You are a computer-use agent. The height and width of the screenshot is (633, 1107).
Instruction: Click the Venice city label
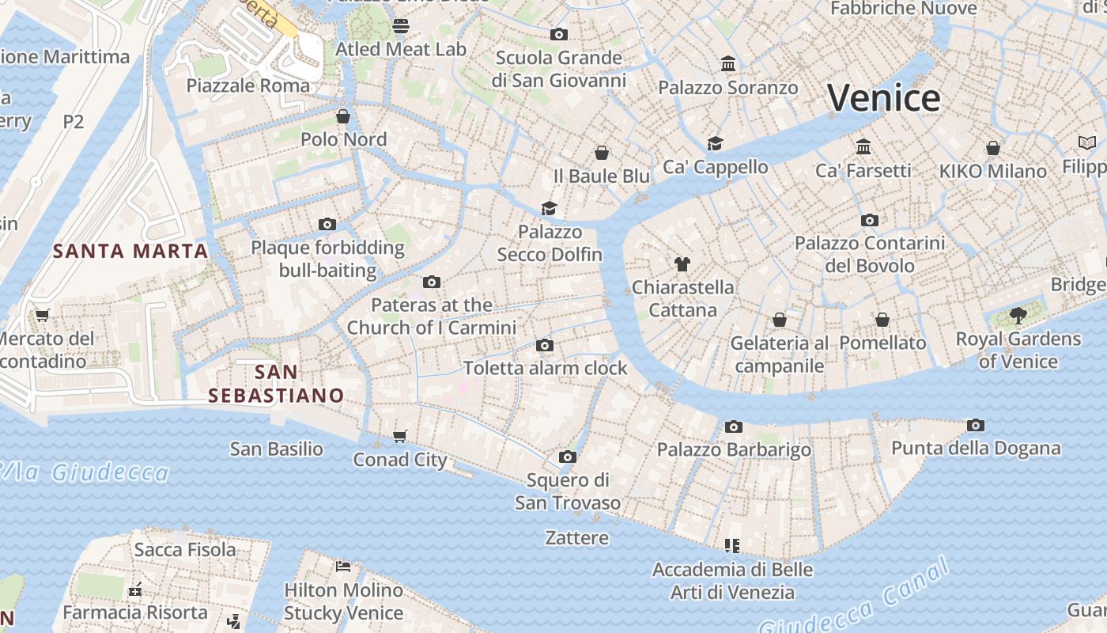tap(883, 98)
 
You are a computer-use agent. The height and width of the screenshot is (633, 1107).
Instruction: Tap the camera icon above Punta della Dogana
tap(976, 426)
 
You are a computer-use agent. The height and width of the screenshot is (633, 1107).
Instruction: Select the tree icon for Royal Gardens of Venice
tap(1018, 316)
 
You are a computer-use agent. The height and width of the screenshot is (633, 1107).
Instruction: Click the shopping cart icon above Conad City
tap(400, 437)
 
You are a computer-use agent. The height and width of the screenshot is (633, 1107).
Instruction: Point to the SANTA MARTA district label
tap(130, 252)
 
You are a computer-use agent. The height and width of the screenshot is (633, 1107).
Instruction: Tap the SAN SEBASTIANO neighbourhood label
tap(276, 384)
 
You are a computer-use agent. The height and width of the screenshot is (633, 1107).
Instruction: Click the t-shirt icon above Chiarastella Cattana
tap(682, 264)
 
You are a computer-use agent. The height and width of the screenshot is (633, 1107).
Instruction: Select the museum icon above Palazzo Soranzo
tap(728, 63)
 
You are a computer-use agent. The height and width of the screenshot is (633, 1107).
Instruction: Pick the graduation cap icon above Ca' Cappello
tap(715, 143)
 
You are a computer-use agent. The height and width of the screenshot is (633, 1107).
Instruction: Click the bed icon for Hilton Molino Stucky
tap(343, 567)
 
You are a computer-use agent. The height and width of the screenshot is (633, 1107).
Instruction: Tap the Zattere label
tap(577, 538)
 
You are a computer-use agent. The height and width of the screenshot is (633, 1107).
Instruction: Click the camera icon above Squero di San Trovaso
tap(567, 457)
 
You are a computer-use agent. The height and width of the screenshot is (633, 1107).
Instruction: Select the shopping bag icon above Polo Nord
tap(343, 117)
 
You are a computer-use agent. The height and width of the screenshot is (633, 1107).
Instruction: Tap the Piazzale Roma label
tap(248, 85)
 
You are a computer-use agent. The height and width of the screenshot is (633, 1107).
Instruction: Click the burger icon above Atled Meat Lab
tap(401, 26)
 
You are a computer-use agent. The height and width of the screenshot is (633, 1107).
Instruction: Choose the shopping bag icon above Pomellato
tap(882, 320)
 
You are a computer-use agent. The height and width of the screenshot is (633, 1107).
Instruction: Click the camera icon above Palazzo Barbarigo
tap(734, 427)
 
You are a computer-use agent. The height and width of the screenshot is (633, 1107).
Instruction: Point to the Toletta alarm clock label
tap(545, 368)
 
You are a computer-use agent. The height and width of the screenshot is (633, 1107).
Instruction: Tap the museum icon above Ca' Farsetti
tap(863, 147)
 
